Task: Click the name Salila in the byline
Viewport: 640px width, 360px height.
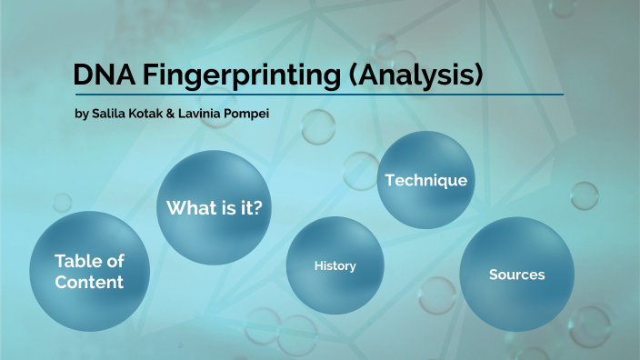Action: click(113, 115)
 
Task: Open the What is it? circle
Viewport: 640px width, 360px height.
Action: click(215, 208)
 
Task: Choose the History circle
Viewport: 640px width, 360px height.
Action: click(335, 265)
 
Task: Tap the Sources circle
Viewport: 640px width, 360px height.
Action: click(516, 274)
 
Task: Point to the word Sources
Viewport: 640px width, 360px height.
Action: click(516, 275)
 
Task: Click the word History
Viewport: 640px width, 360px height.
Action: click(335, 266)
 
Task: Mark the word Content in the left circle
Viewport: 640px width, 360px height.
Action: click(89, 283)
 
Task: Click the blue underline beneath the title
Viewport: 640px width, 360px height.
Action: click(318, 94)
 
